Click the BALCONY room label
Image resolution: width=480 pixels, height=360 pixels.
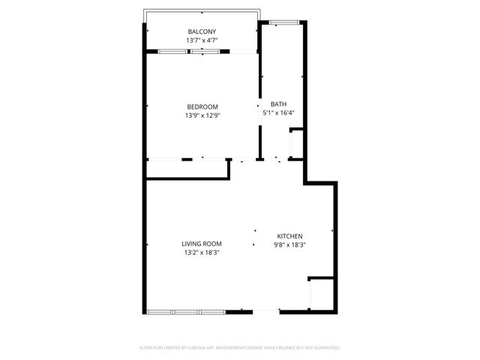(x=202, y=31)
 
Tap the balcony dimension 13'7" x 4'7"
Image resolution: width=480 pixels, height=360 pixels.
(x=202, y=40)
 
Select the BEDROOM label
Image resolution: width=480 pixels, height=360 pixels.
(x=202, y=106)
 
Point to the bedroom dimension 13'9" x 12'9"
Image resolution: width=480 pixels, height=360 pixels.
(x=202, y=115)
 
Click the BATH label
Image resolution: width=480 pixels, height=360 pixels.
(x=278, y=104)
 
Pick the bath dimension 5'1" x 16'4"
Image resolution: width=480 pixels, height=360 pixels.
(x=278, y=113)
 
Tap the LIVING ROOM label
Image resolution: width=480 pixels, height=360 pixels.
(x=202, y=244)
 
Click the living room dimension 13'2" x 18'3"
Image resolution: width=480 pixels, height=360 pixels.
(x=202, y=253)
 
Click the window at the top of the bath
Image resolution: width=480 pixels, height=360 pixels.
(x=283, y=22)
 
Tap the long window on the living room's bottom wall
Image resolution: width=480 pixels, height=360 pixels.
(x=185, y=311)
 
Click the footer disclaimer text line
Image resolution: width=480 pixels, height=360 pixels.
(x=240, y=348)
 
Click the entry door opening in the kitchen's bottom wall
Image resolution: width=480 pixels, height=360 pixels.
(x=265, y=311)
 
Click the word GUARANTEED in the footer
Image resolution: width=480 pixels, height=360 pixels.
(x=328, y=348)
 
